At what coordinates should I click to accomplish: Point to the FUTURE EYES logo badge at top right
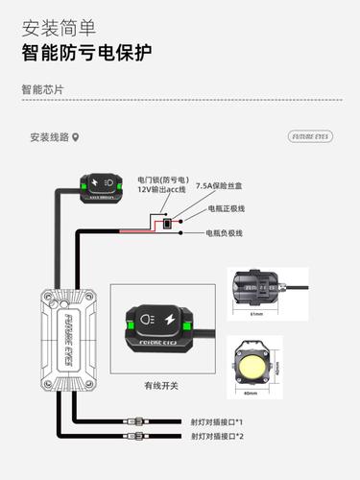(x=309, y=137)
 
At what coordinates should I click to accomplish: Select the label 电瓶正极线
(x=227, y=208)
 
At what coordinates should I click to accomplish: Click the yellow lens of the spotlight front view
(x=254, y=365)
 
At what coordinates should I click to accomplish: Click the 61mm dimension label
(x=255, y=313)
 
